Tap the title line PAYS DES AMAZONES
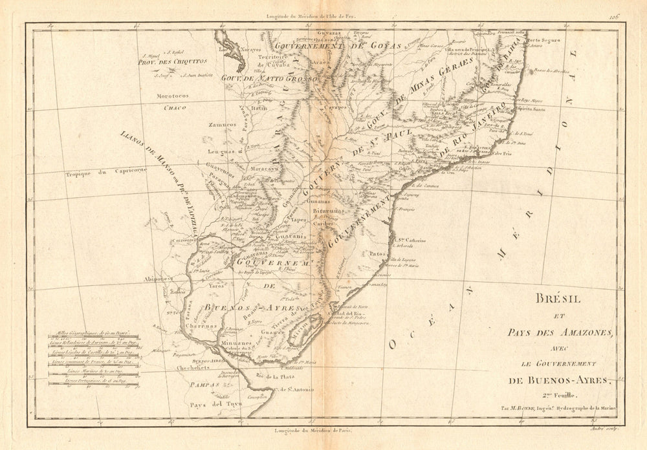tap(560, 332)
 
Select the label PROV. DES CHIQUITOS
tap(171, 63)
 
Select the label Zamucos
tap(222, 125)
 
